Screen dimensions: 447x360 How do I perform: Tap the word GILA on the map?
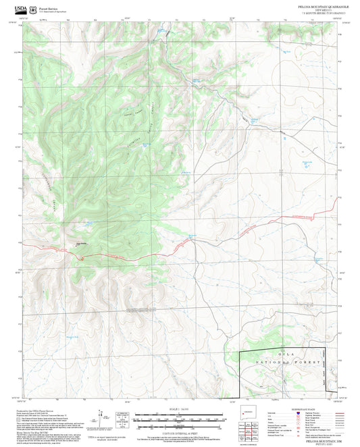[301, 354]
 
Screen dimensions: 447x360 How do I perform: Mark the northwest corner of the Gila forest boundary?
[242, 352]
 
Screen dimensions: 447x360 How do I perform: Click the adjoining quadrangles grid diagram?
[255, 428]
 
